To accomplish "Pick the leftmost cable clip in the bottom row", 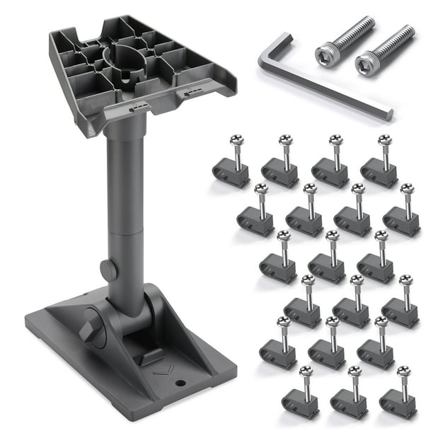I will pyautogui.click(x=300, y=400).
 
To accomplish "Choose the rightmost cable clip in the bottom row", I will pyautogui.click(x=398, y=400).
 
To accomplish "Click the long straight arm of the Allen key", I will pyautogui.click(x=333, y=88).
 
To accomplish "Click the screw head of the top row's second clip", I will pyautogui.click(x=285, y=139).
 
